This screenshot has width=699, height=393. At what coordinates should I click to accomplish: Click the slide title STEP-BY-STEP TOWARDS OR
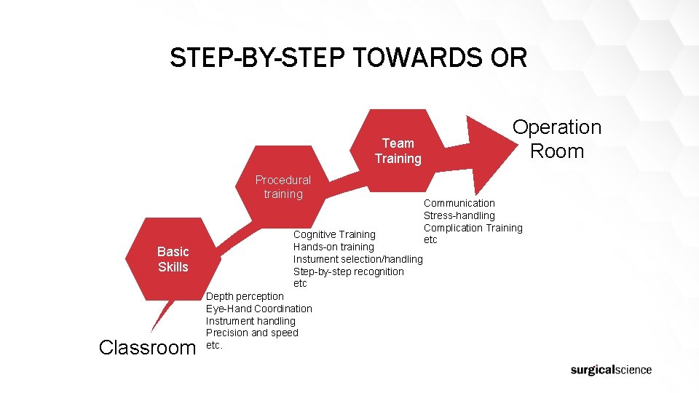[348, 57]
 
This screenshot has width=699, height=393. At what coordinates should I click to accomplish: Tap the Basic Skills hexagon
[173, 259]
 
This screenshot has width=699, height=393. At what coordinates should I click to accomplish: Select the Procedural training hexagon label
[283, 187]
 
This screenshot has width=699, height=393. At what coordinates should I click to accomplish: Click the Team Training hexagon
[398, 151]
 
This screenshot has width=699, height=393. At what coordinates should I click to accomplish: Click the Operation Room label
[557, 139]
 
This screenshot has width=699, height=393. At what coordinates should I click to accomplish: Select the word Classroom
[147, 347]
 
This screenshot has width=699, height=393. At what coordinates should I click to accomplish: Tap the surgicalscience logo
[611, 370]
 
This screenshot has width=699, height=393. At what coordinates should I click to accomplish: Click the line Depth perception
[245, 296]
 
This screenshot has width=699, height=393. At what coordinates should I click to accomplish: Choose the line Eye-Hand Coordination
[258, 309]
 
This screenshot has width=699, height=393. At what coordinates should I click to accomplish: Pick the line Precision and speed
[252, 333]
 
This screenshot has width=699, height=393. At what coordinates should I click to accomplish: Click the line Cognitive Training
[334, 234]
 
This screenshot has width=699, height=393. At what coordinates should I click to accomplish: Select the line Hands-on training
[333, 247]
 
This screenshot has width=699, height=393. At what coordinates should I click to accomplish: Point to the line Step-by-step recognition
[348, 271]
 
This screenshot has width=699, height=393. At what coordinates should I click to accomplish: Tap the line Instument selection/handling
[358, 259]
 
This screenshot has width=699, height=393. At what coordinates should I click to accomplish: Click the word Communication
[459, 203]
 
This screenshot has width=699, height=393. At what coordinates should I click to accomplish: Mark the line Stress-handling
[459, 215]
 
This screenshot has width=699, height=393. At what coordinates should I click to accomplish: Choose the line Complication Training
[473, 228]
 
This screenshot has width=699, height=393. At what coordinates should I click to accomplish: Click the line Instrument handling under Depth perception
[250, 321]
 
